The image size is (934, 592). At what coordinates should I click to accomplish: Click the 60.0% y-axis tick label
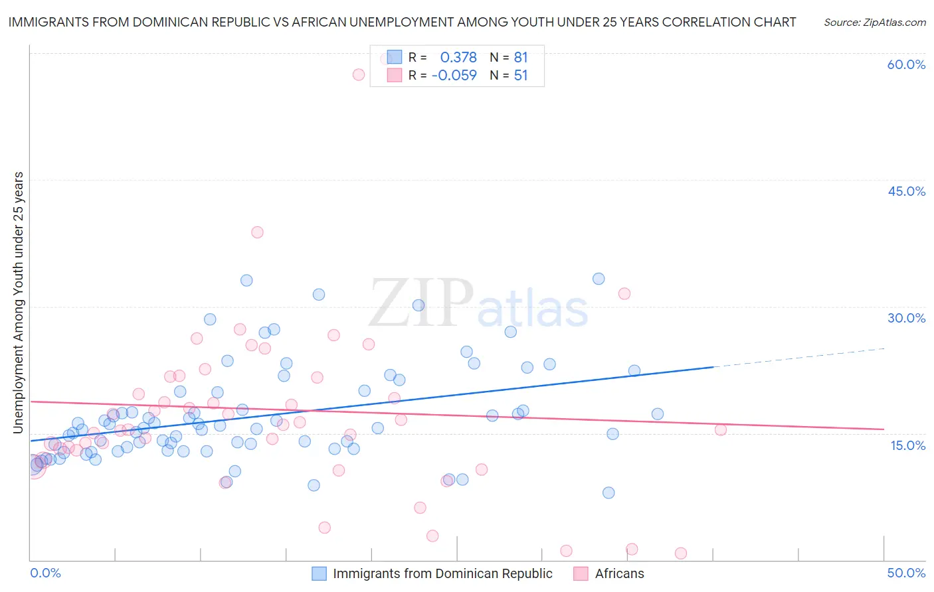point(906,64)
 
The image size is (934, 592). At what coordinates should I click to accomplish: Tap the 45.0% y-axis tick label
point(906,191)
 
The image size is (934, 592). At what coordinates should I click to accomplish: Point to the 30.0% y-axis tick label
point(906,318)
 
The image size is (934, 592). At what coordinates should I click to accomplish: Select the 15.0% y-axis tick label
point(907,445)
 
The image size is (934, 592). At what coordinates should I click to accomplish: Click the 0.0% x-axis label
point(45,573)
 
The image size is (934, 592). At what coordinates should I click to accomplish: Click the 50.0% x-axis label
point(906,573)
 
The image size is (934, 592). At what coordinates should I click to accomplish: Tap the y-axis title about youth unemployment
point(19,303)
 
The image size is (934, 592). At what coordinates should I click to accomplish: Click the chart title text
point(402,22)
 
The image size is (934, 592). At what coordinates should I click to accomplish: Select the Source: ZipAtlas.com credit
point(874,23)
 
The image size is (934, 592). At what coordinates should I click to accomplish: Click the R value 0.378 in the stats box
point(458,58)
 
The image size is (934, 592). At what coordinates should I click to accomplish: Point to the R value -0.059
point(454,76)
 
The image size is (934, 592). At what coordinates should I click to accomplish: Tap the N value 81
point(520,58)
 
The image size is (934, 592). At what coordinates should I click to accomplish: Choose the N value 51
point(520,76)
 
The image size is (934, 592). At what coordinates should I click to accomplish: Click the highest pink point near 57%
point(359,74)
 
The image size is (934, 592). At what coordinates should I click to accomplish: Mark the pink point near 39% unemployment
point(257,232)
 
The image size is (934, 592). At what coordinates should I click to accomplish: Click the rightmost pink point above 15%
point(721,429)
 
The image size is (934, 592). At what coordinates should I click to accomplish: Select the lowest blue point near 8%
point(608,492)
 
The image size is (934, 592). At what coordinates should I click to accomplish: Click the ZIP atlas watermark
point(478,304)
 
